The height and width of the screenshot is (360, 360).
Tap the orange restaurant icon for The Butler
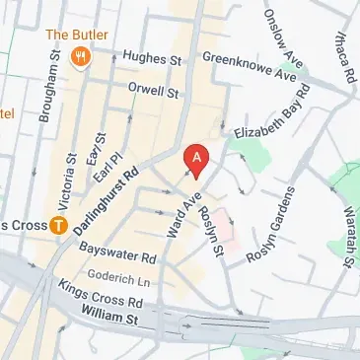pyautogui.click(x=83, y=57)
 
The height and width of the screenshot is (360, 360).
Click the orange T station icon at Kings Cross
pyautogui.click(x=59, y=226)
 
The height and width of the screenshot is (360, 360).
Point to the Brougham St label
pyautogui.click(x=44, y=90)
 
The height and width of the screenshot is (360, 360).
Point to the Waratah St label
pyautogui.click(x=347, y=237)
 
